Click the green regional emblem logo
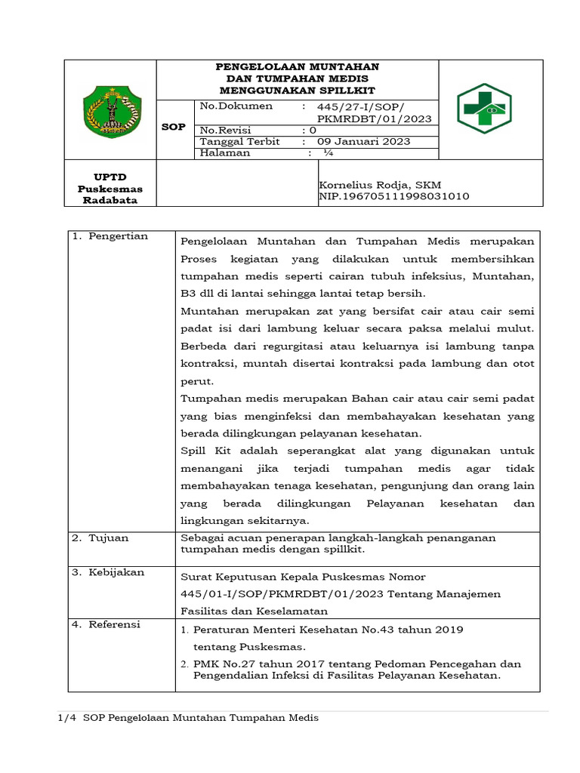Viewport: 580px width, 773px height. tap(111, 110)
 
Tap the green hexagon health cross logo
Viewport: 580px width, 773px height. tap(484, 109)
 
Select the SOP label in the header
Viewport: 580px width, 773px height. tap(174, 127)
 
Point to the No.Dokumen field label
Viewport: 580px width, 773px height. tap(236, 106)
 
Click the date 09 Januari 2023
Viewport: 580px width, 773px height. tap(363, 141)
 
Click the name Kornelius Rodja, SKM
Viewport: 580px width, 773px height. tap(380, 185)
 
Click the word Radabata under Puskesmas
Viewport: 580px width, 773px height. tap(110, 200)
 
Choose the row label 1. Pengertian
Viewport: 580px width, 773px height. tap(110, 236)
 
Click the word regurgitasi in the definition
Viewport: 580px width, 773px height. tap(293, 346)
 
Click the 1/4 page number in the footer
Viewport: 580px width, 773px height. tap(67, 717)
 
